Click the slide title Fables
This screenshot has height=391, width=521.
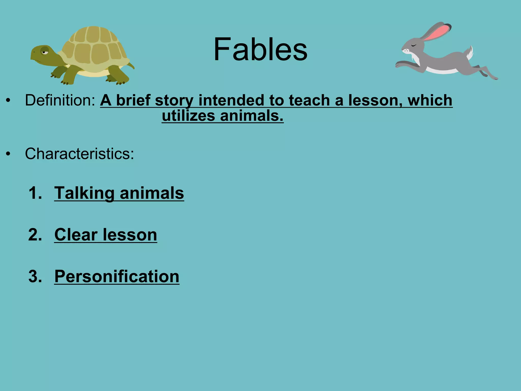[260, 49]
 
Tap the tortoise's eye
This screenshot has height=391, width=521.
[45, 52]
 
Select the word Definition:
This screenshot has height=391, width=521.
[60, 100]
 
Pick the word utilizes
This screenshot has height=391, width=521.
[189, 116]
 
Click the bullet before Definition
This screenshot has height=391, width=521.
[8, 101]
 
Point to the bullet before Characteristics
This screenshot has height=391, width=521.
[8, 154]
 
